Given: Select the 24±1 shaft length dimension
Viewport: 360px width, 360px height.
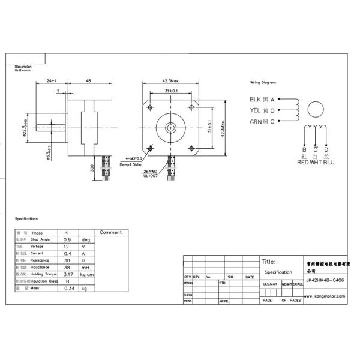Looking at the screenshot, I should (51, 80).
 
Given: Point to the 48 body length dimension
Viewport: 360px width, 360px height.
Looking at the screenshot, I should (88, 80).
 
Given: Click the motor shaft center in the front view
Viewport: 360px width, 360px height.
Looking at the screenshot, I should (170, 127).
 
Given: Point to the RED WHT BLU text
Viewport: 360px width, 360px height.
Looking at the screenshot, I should (316, 162).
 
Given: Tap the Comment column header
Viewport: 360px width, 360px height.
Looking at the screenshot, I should (110, 232).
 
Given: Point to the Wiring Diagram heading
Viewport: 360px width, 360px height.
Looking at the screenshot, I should (263, 82).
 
